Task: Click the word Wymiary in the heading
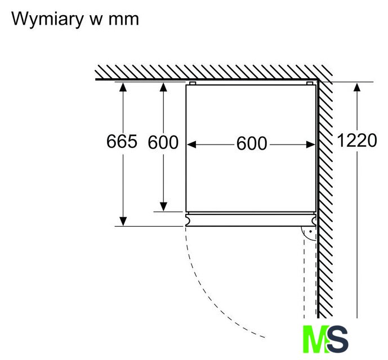click(x=47, y=19)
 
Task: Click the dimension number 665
click(x=122, y=141)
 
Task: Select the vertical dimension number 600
click(x=163, y=142)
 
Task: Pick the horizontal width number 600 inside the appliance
click(x=252, y=143)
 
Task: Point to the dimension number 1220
click(x=357, y=141)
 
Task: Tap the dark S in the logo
click(x=337, y=339)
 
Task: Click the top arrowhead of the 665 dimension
click(x=123, y=87)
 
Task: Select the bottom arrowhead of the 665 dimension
click(x=123, y=221)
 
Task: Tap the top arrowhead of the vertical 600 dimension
click(x=163, y=87)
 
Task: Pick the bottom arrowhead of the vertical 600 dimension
click(x=163, y=207)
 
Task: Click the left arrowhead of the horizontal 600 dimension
click(x=191, y=145)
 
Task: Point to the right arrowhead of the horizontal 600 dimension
click(x=310, y=145)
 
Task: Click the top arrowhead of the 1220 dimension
click(x=357, y=87)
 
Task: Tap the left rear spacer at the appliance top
click(x=193, y=83)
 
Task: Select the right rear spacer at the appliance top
click(x=310, y=83)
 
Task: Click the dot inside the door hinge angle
click(x=310, y=232)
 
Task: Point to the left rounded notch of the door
click(x=188, y=219)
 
